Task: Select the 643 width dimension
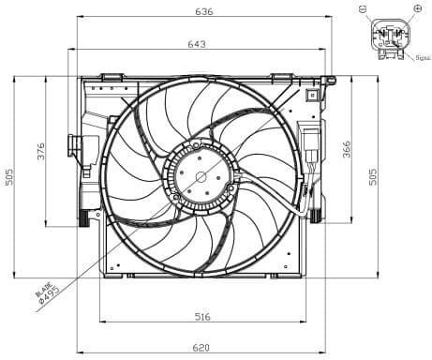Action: (197, 44)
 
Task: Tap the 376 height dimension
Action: (40, 152)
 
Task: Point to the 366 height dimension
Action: (346, 149)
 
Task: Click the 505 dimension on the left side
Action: (9, 177)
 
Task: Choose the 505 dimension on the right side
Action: (372, 177)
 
